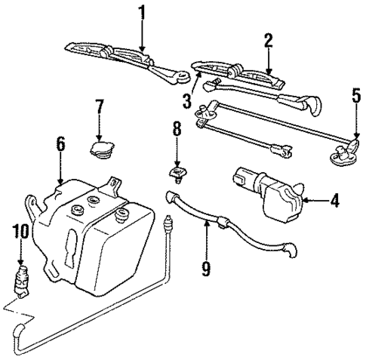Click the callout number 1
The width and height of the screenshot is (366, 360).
click(x=141, y=14)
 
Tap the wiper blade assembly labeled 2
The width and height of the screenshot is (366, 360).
click(x=249, y=75)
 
